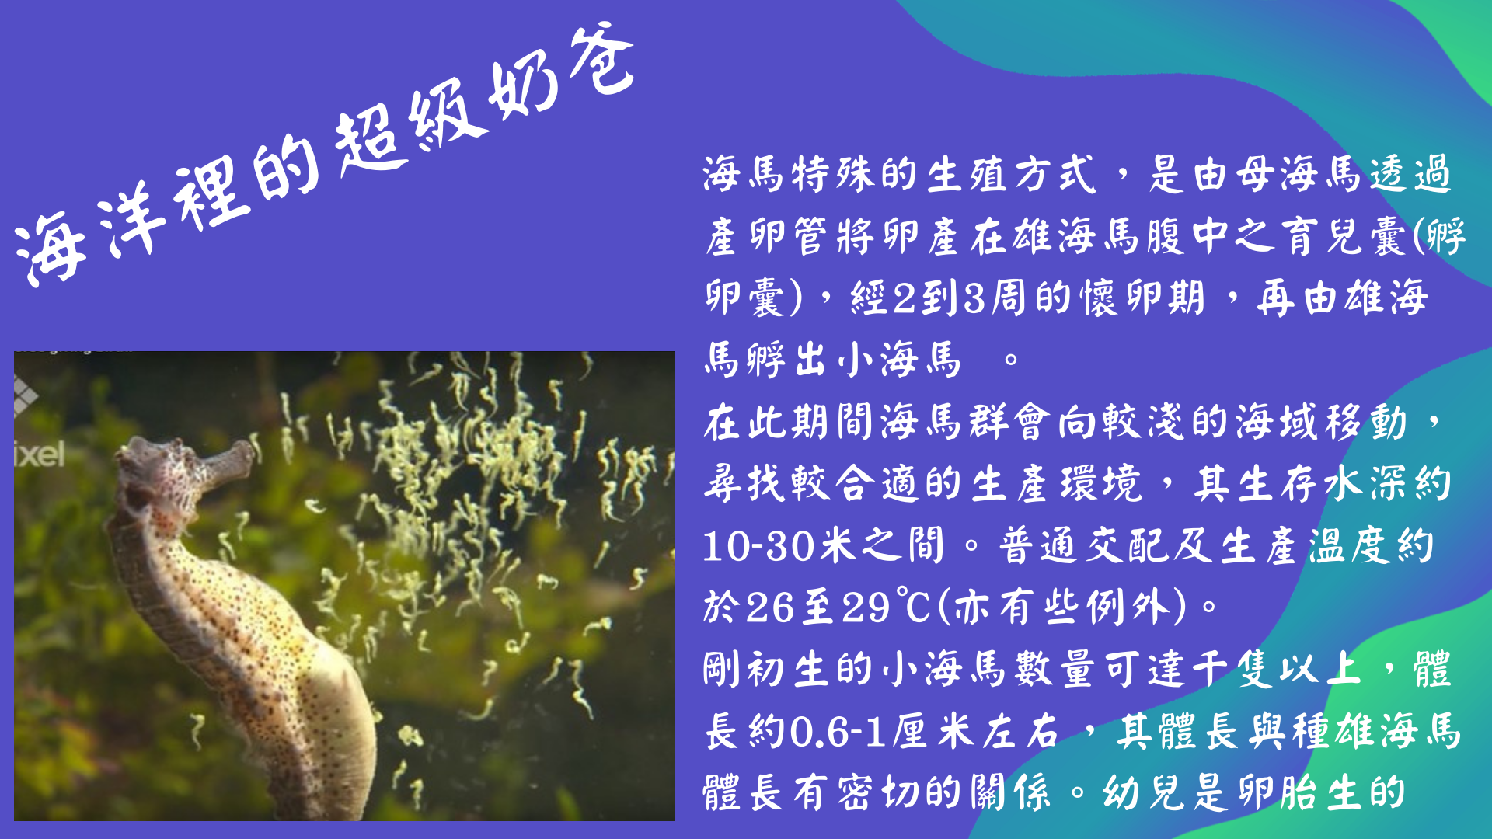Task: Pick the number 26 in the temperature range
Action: coord(769,607)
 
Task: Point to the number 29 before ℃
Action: coord(867,607)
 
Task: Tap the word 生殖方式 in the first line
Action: coord(1014,174)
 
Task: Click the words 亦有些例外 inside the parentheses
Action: coord(1062,607)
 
